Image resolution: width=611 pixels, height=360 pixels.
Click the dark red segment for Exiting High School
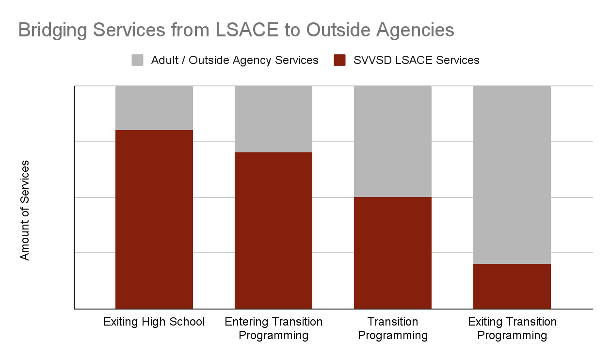154,219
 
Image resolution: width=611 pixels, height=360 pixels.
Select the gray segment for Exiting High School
154,108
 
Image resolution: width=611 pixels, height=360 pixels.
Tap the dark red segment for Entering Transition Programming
273,230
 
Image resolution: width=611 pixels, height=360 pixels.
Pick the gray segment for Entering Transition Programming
273,119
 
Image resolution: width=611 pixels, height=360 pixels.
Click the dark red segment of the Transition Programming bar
393,253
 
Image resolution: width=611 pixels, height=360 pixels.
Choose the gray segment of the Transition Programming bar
393,141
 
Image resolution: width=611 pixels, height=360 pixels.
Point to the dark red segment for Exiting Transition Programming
512,286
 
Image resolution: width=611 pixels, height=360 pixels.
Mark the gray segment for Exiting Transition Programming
512,175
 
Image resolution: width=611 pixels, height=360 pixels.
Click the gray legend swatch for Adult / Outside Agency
138,60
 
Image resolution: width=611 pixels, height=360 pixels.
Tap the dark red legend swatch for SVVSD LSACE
340,60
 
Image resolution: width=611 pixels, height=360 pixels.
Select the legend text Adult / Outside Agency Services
235,60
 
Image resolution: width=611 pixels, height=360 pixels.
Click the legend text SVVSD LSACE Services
416,60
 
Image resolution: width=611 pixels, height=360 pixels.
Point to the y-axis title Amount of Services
25,210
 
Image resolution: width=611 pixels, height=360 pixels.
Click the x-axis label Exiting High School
154,322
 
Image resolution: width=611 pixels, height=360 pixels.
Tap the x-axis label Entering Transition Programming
273,328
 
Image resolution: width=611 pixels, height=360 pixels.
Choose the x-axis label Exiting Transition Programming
512,328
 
